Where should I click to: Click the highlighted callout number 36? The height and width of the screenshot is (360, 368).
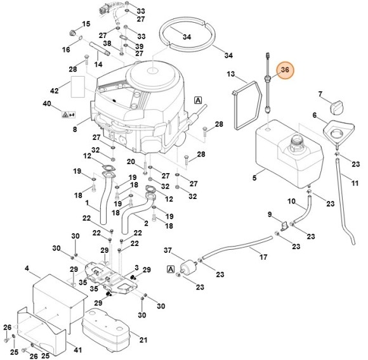[x=285, y=70]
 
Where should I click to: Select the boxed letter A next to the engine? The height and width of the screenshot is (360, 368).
[x=198, y=100]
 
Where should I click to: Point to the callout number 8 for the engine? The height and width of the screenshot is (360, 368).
[x=75, y=129]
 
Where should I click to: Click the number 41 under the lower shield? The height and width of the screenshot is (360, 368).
[x=77, y=350]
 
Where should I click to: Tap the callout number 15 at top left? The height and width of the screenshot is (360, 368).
[x=87, y=23]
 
